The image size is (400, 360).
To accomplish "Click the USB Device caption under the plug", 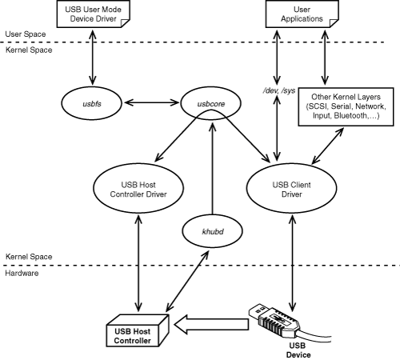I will coord(296,350).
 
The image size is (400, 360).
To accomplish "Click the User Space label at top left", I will coord(22,35).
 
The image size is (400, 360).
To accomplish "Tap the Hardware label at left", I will coord(21,273).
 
